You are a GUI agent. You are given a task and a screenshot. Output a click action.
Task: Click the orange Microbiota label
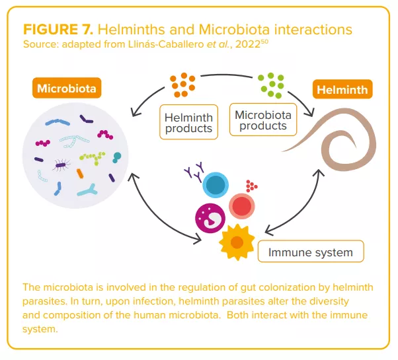[66, 88]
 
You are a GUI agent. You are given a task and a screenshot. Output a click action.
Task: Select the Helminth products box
[188, 122]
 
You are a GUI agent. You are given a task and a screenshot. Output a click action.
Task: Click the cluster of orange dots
[182, 83]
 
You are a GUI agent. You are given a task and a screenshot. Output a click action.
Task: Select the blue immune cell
[215, 186]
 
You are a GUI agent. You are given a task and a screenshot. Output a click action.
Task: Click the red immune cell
[241, 206]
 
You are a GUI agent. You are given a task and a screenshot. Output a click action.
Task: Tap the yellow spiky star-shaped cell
[235, 242]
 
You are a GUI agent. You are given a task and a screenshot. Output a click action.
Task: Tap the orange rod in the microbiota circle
[80, 173]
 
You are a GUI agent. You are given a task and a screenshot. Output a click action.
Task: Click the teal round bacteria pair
[117, 157]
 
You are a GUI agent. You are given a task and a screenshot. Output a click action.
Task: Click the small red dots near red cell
[251, 186]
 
